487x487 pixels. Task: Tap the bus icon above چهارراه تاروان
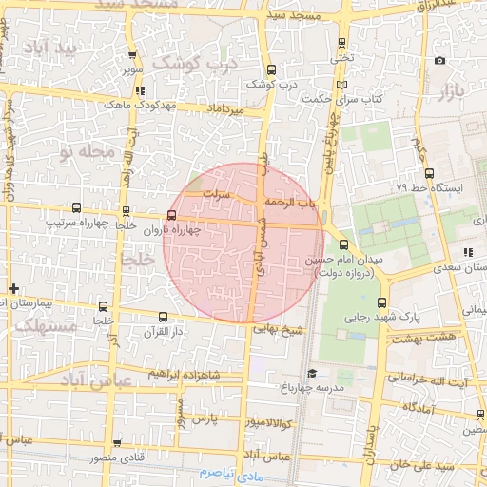(x=171, y=216)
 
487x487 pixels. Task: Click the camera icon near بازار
(x=439, y=61)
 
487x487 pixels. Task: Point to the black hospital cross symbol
(x=12, y=288)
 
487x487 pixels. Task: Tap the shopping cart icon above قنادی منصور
(x=117, y=443)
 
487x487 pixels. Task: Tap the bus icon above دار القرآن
(x=162, y=317)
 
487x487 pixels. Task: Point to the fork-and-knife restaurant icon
(x=467, y=252)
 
